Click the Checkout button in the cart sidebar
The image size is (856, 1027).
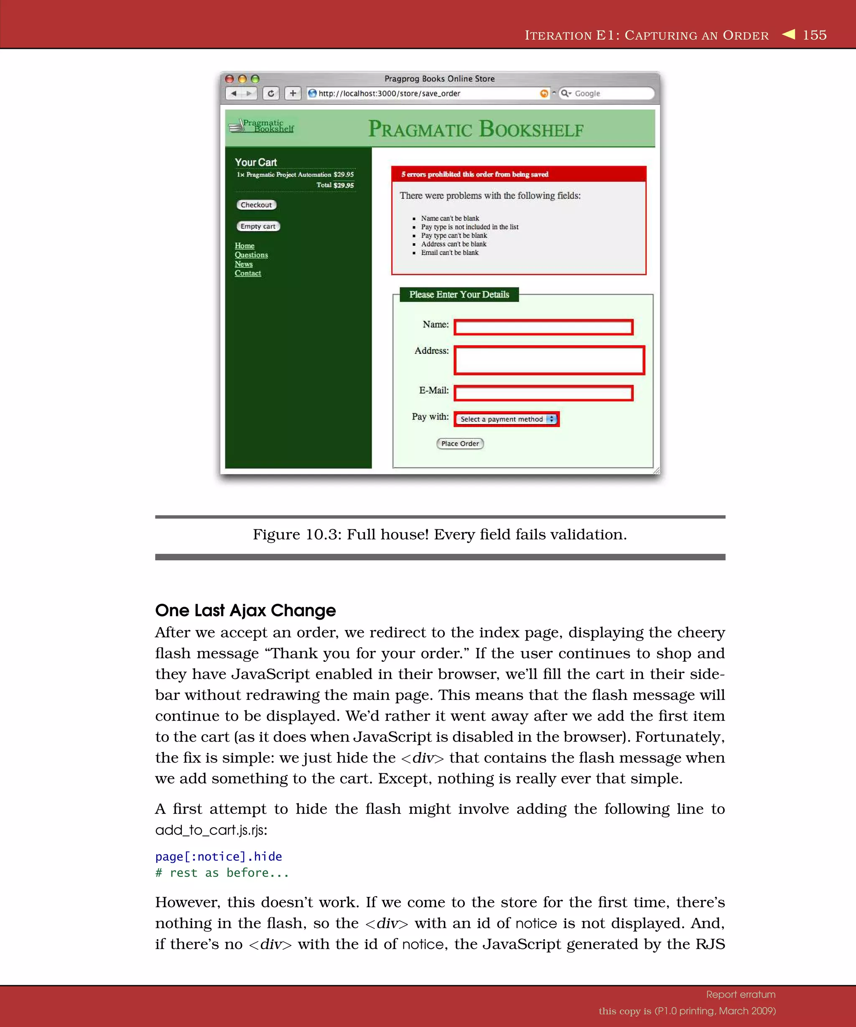click(x=256, y=205)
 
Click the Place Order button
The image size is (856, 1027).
click(x=460, y=444)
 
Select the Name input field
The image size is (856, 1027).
click(x=543, y=327)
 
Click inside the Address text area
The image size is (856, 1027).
click(x=549, y=361)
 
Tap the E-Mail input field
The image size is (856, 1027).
click(x=543, y=393)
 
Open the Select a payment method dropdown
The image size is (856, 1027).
click(x=506, y=419)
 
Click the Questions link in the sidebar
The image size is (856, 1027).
click(x=251, y=255)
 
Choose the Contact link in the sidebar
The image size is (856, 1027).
click(x=247, y=273)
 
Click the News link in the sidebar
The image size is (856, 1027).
click(x=244, y=264)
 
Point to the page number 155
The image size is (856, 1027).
click(x=815, y=35)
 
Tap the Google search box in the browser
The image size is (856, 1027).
click(x=609, y=94)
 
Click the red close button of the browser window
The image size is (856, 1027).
click(x=229, y=79)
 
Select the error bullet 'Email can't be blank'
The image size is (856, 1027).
click(x=449, y=253)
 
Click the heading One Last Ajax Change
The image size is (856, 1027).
click(x=245, y=610)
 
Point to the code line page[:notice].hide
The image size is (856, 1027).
click(x=218, y=857)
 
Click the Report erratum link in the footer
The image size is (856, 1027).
click(x=741, y=994)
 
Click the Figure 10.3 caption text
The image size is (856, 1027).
click(x=439, y=534)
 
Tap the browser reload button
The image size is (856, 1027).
click(x=271, y=94)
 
